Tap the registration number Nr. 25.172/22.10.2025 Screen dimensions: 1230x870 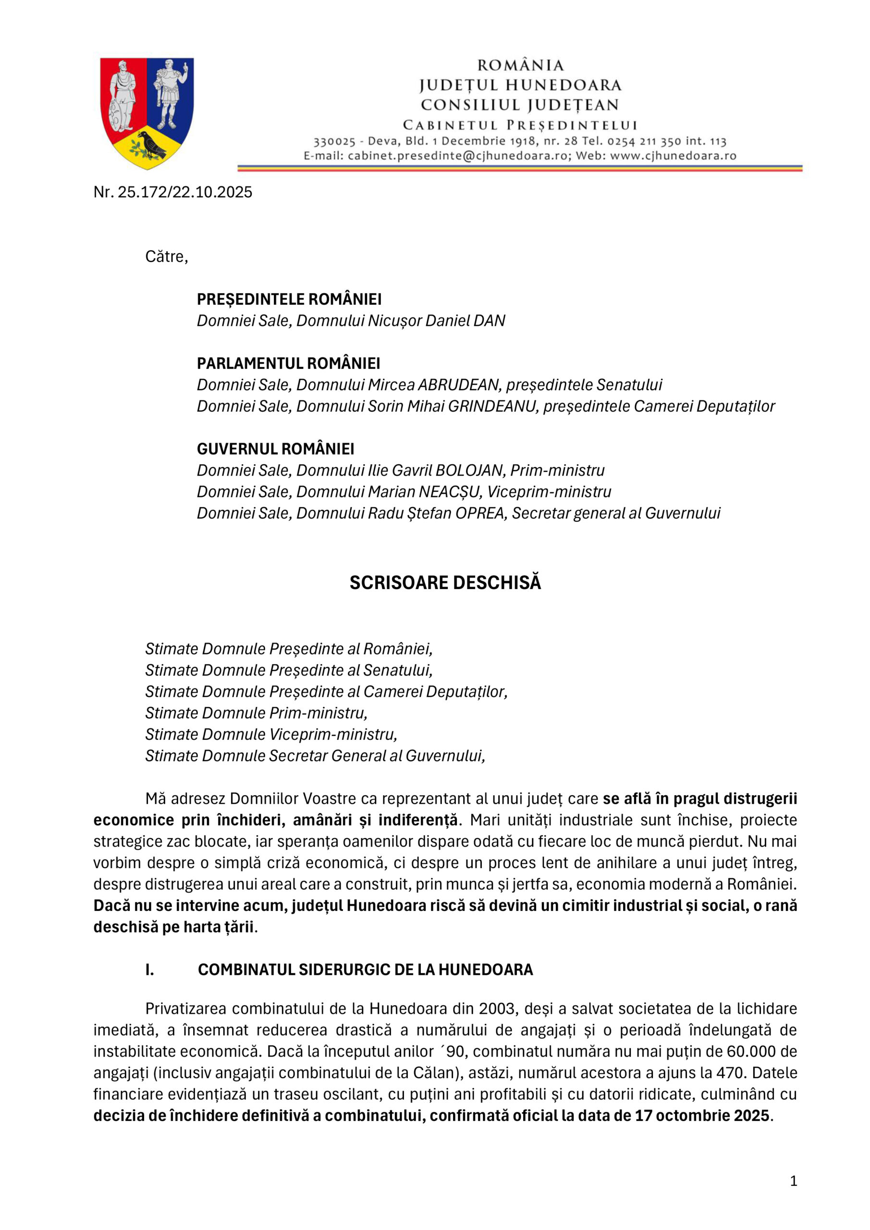pyautogui.click(x=172, y=192)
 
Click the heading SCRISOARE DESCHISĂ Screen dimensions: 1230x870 pyautogui.click(x=445, y=583)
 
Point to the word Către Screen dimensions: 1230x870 pyautogui.click(x=167, y=257)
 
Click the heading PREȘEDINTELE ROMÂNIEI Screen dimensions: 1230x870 pyautogui.click(x=289, y=299)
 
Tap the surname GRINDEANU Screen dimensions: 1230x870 pyautogui.click(x=492, y=406)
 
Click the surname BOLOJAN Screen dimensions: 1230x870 pyautogui.click(x=470, y=470)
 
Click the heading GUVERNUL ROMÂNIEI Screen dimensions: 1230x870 pyautogui.click(x=275, y=449)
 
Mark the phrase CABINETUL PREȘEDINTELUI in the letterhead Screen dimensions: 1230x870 pyautogui.click(x=520, y=125)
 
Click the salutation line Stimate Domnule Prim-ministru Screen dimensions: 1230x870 pyautogui.click(x=256, y=713)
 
